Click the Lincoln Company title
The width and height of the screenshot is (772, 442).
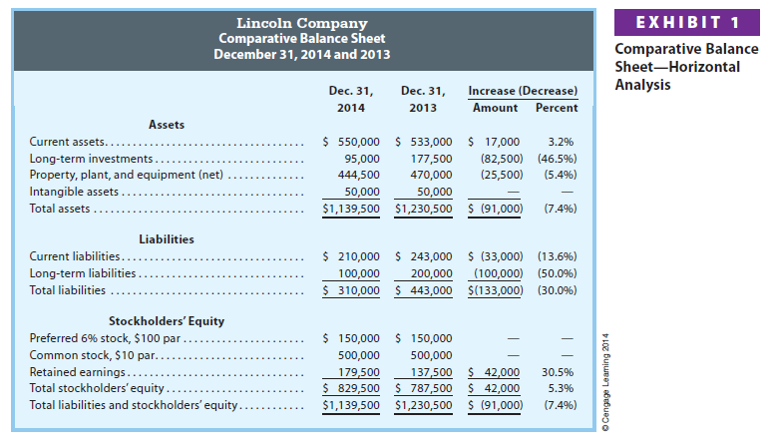tap(301, 22)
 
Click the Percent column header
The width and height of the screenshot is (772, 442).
tap(557, 108)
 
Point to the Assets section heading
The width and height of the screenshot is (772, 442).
tap(166, 124)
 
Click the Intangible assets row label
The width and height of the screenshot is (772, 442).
tap(75, 192)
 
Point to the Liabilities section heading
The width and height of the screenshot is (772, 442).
tap(166, 239)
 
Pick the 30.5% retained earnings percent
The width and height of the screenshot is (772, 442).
tap(557, 371)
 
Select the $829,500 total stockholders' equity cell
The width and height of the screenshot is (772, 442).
tap(352, 388)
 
